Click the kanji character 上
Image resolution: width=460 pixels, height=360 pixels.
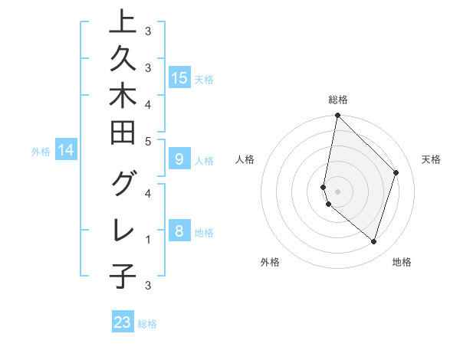123,23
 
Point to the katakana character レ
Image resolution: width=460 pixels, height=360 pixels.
123,230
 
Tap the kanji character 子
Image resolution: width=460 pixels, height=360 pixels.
123,277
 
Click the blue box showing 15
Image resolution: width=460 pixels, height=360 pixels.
179,77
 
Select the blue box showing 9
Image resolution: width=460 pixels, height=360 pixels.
179,159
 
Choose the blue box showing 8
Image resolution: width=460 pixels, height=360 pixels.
179,231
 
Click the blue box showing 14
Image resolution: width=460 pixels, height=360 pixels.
66,151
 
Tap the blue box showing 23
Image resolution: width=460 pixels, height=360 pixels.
123,322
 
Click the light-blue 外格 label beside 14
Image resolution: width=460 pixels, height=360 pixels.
41,152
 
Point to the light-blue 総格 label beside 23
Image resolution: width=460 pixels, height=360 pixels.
147,324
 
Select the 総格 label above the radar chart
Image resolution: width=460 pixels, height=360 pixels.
337,100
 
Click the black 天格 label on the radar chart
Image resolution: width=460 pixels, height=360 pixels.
431,159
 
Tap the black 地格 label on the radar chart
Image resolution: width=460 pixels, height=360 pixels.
402,262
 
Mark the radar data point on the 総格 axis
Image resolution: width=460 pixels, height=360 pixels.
337,116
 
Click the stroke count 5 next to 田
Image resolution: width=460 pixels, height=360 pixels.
147,141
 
